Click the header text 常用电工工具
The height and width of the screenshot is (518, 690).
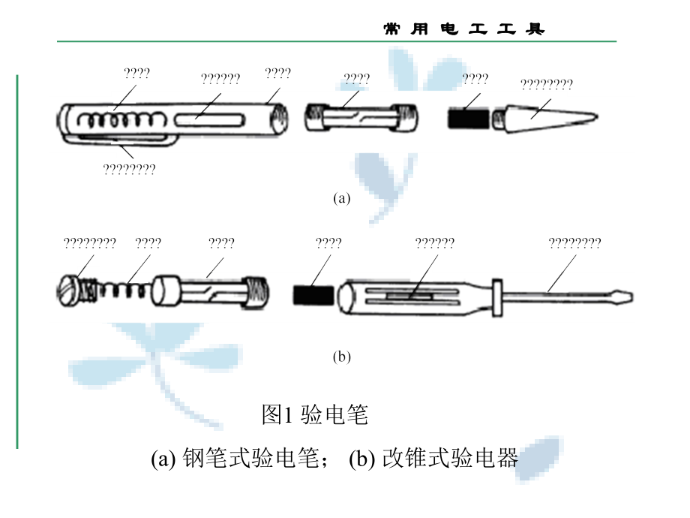(463, 29)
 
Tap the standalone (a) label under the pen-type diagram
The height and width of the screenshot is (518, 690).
(341, 199)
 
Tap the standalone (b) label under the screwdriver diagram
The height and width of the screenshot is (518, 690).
(341, 357)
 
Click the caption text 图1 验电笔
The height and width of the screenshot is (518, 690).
(315, 414)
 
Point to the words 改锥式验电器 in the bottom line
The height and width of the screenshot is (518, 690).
(450, 458)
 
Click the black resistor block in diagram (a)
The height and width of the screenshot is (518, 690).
(468, 118)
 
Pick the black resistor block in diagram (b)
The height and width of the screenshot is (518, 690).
(313, 295)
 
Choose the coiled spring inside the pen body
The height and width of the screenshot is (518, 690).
(112, 119)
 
